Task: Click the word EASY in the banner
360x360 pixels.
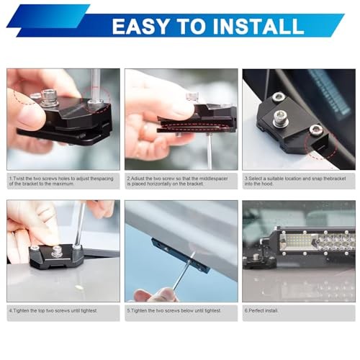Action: (x=140, y=26)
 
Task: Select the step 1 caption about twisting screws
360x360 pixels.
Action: (x=61, y=181)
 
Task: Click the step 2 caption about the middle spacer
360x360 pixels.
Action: (x=177, y=181)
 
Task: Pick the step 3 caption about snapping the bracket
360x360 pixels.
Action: (x=295, y=181)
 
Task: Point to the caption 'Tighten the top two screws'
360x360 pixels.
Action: (x=53, y=310)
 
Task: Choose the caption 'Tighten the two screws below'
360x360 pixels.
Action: (x=174, y=310)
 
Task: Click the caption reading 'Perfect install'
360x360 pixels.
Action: (x=261, y=310)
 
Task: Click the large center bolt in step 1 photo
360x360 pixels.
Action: (x=50, y=98)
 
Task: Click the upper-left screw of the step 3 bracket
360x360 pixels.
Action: (x=279, y=97)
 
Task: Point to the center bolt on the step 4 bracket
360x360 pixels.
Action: (x=57, y=251)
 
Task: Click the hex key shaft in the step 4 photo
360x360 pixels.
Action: (x=80, y=225)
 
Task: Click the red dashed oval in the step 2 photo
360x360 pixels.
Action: (x=194, y=127)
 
